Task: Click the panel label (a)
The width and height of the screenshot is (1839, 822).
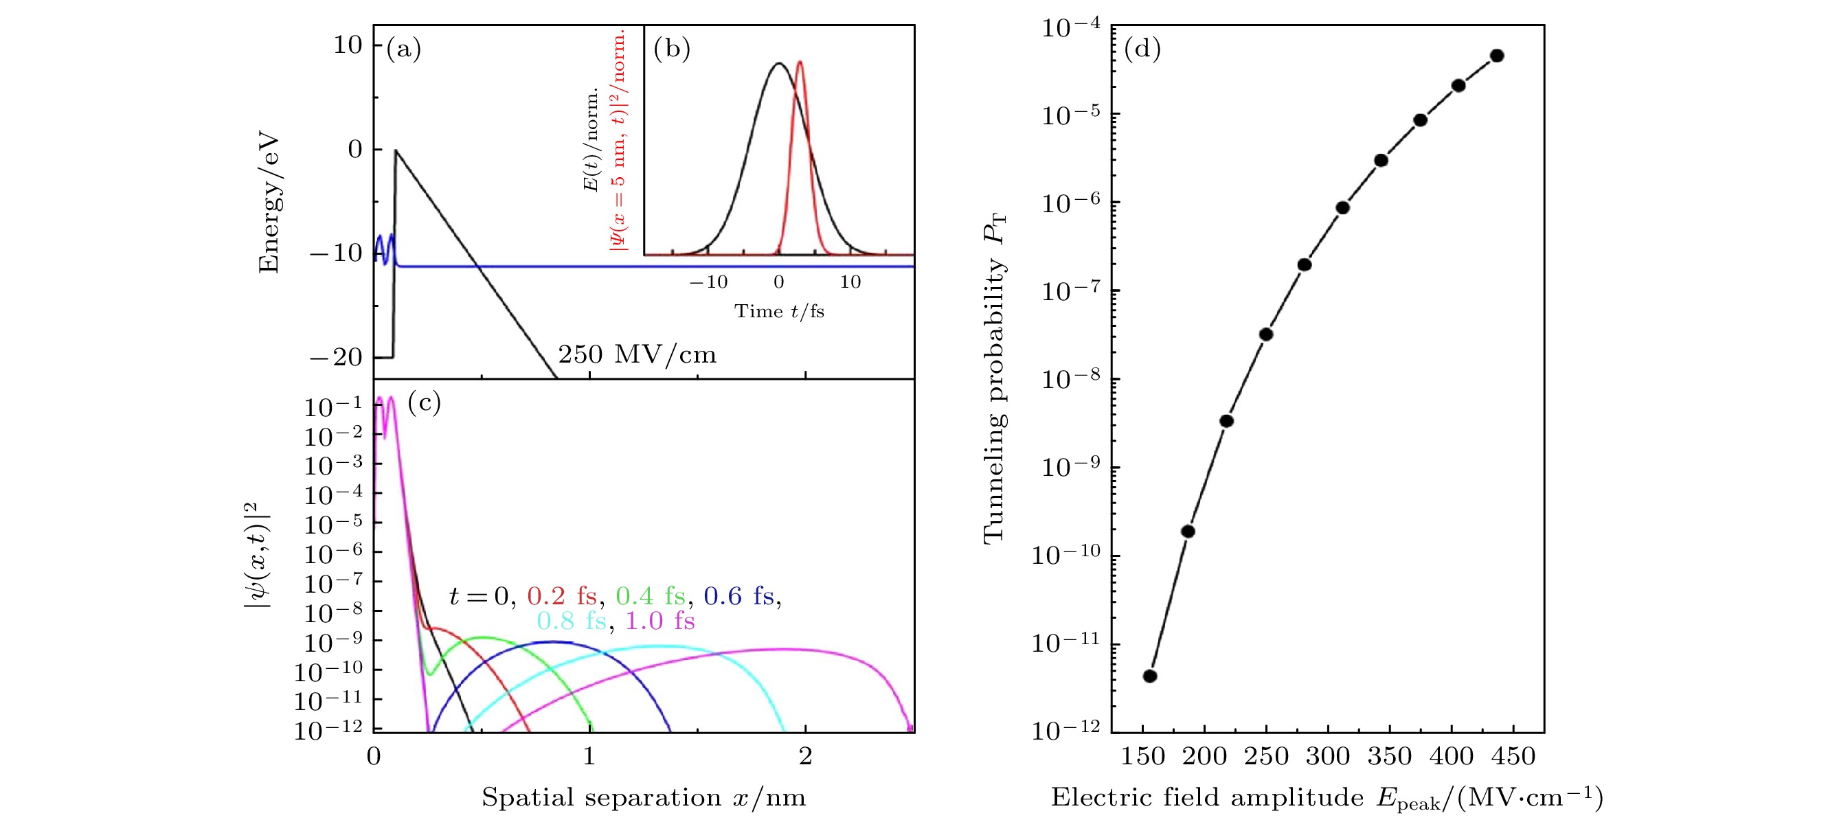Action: (x=403, y=49)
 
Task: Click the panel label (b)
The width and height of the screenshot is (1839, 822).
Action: (x=671, y=49)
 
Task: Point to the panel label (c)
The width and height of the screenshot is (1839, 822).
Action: (x=424, y=402)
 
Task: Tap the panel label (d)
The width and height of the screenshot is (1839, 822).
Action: (x=1142, y=49)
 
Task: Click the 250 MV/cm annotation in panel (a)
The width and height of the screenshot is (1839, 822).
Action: (x=637, y=354)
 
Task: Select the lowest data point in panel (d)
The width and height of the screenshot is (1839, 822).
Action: (x=1150, y=676)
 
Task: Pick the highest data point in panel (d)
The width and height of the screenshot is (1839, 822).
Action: (x=1497, y=56)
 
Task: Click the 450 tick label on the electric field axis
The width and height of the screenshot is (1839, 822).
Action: (x=1513, y=756)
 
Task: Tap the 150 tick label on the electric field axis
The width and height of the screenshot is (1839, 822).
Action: (x=1143, y=756)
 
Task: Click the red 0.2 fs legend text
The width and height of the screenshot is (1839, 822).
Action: (x=562, y=596)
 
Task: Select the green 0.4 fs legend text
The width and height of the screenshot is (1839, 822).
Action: (x=651, y=596)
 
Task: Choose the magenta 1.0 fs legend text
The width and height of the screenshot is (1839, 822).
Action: (x=659, y=621)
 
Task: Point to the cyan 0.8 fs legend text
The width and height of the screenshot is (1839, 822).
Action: (x=571, y=621)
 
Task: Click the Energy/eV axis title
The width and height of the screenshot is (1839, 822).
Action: (x=269, y=203)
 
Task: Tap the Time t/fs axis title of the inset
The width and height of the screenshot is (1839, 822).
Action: (x=779, y=311)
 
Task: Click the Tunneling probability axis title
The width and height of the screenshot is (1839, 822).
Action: (x=995, y=378)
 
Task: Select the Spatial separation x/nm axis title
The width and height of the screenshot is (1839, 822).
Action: (x=643, y=797)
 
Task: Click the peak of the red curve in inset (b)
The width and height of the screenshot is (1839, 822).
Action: (x=800, y=62)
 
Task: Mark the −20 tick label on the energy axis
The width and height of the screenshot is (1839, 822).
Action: (x=336, y=357)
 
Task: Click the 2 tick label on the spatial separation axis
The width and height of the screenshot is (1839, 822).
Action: (x=805, y=756)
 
